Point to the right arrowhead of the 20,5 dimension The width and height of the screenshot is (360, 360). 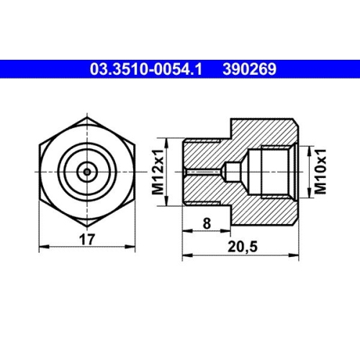pos(296,254)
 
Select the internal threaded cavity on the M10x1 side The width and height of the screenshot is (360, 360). pos(276,171)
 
